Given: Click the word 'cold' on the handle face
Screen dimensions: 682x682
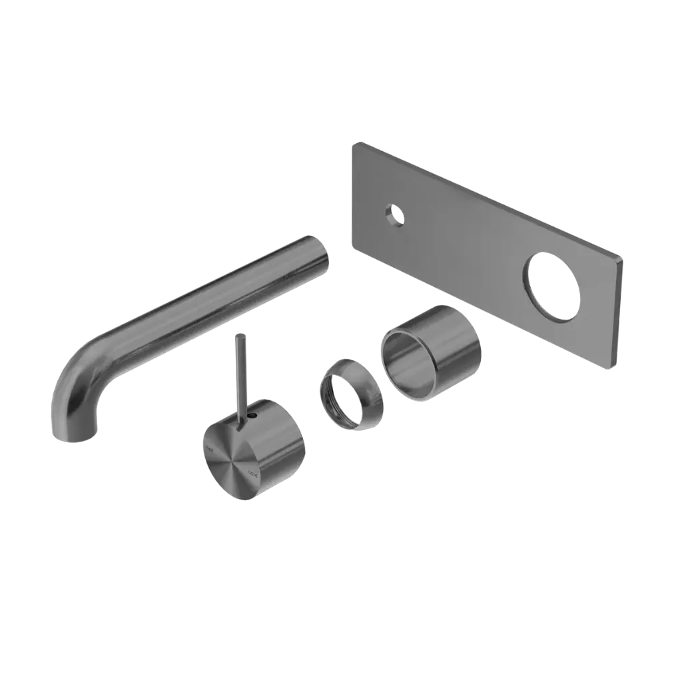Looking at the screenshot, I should pos(252,474).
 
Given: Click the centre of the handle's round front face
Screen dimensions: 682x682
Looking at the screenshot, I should pos(230,463).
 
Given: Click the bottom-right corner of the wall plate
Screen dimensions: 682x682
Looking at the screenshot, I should pos(618,366).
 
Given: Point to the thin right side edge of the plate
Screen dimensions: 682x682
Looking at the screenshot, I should pos(620,313).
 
